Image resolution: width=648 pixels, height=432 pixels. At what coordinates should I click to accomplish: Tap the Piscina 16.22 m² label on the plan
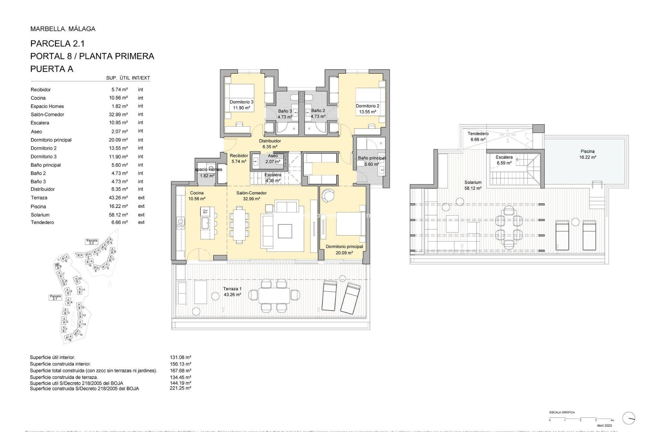[588, 154]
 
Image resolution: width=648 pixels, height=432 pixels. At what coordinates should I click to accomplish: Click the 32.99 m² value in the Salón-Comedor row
[118, 114]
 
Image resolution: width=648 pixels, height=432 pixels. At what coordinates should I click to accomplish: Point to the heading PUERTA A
[52, 69]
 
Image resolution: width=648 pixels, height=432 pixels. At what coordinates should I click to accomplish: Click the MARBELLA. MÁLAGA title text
[63, 29]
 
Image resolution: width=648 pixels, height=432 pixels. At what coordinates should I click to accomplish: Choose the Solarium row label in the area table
[40, 215]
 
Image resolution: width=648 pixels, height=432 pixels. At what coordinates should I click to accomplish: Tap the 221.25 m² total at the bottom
[180, 388]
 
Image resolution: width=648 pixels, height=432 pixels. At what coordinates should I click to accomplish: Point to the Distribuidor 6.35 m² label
[270, 144]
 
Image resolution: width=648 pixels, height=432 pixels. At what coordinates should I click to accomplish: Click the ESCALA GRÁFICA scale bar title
[562, 412]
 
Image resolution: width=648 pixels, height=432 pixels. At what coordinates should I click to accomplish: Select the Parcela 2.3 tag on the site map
[91, 242]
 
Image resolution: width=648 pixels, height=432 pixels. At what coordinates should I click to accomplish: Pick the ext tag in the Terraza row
[141, 198]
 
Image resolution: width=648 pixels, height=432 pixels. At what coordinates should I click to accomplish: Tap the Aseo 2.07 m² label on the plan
[273, 159]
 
